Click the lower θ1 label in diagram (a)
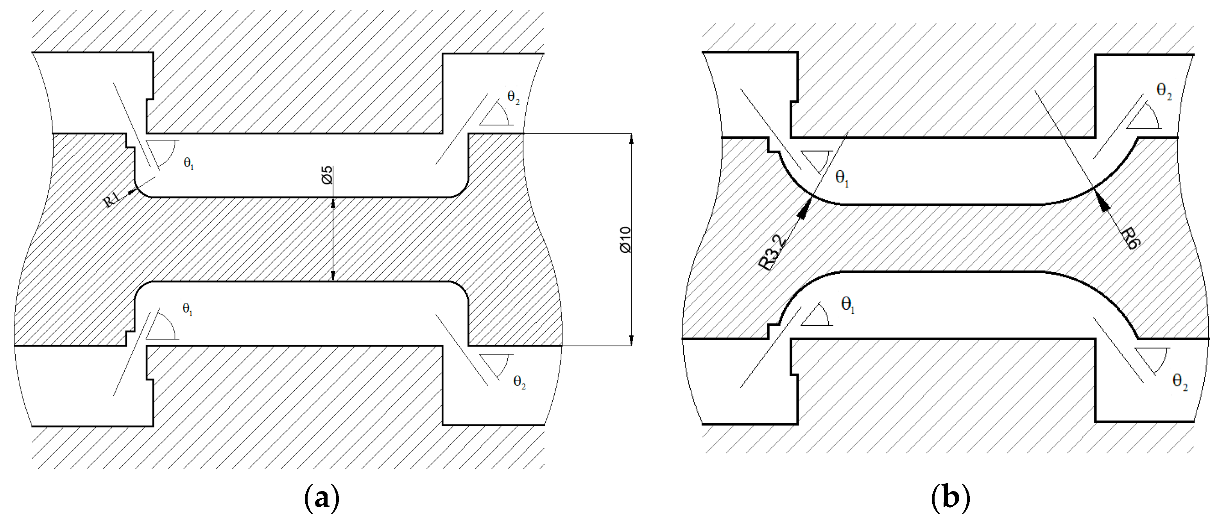click(188, 310)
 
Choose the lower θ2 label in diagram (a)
click(519, 382)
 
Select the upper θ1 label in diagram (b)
click(842, 178)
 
